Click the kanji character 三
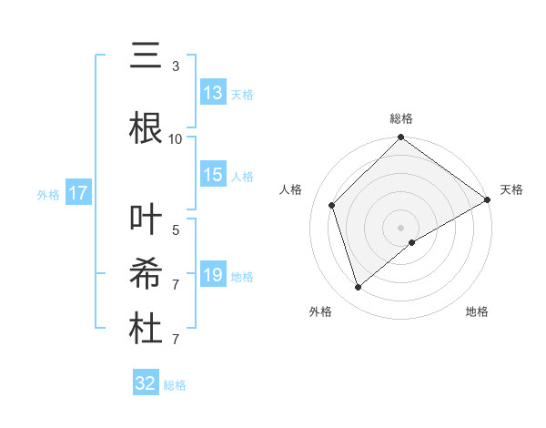click(x=146, y=57)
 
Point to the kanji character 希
click(x=146, y=273)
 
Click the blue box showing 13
click(x=213, y=93)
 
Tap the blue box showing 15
click(x=213, y=176)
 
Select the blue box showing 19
click(x=213, y=275)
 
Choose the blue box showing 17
click(x=77, y=193)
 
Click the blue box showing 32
click(x=146, y=383)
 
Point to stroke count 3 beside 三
click(x=176, y=66)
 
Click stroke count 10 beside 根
click(x=176, y=139)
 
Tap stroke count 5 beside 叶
click(x=176, y=230)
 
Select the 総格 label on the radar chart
click(x=401, y=118)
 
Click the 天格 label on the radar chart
click(x=511, y=189)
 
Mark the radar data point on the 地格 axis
click(x=412, y=242)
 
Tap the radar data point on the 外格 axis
click(x=358, y=288)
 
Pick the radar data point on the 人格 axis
click(x=332, y=205)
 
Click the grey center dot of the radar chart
click(x=401, y=227)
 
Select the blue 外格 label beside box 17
click(x=48, y=194)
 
